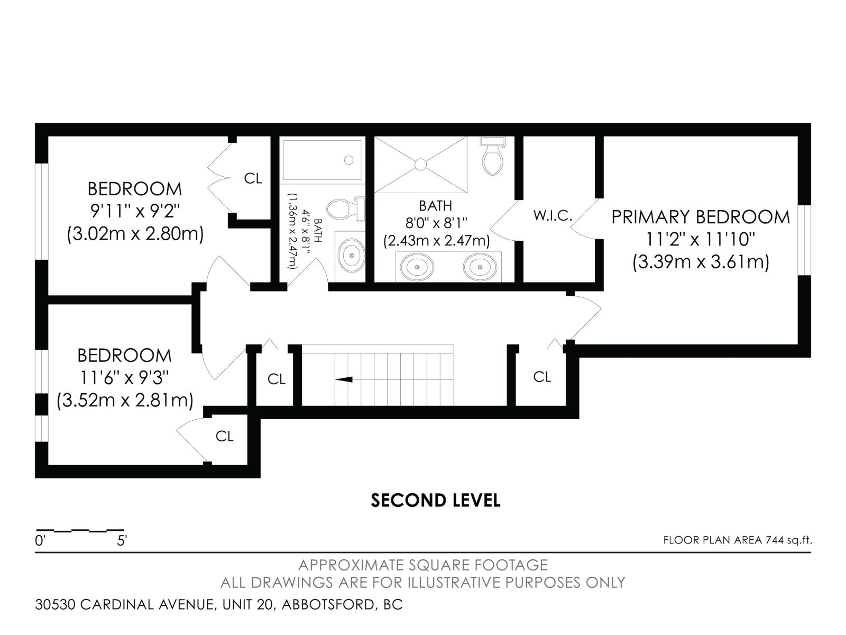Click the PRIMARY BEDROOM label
pos(700,217)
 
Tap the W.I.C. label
pos(553,216)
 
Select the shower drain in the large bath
pos(420,165)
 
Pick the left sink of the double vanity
pos(417,267)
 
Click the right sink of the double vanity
pos(480,267)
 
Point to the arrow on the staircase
pos(344,379)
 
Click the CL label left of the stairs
pos(276,379)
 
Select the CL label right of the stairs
pos(542,377)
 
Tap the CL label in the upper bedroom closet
pos(253,178)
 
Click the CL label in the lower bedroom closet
pos(224,436)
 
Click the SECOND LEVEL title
pos(435,500)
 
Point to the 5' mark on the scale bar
pos(122,541)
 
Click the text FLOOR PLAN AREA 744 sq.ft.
pos(737,540)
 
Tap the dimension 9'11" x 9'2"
pos(135,211)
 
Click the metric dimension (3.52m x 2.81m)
pos(125,400)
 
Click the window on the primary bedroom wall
pos(804,240)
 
